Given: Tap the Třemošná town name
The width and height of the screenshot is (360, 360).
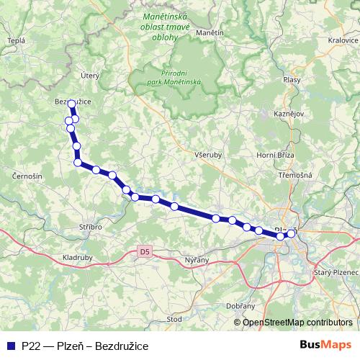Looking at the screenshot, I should pos(295,175).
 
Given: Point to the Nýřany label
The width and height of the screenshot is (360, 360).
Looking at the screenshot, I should pos(197,258).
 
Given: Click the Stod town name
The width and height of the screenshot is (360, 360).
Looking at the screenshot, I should pos(174,318).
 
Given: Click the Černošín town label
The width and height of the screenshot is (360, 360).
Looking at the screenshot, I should pos(28,176).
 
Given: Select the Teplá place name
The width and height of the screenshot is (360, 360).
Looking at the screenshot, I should pos(15,41).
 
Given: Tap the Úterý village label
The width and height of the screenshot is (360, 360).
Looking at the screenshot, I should pos(89,75).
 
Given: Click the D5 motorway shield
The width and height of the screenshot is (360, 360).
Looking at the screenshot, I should pos(145,251).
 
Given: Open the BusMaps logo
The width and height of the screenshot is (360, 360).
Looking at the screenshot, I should pos(326,345).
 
